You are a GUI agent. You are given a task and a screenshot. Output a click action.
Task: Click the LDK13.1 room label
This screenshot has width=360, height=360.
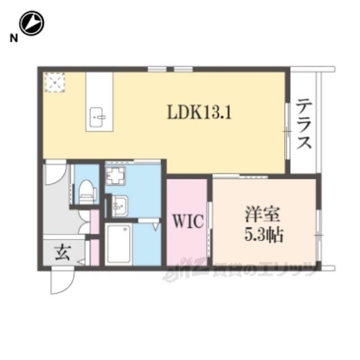point(199,112)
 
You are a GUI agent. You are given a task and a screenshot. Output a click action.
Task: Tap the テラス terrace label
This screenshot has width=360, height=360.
point(304,124)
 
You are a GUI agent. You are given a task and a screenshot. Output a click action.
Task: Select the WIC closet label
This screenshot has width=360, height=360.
point(188,221)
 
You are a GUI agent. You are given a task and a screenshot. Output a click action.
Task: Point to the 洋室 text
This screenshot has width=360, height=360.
point(262,214)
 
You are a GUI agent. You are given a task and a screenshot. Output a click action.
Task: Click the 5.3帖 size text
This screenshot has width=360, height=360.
point(263,235)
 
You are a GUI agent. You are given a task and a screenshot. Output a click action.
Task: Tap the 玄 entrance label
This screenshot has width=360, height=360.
point(62,253)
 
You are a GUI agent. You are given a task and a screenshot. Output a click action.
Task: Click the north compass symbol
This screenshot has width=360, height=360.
point(31,23)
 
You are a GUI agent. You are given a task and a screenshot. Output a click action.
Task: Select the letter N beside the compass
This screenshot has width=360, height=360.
point(13,38)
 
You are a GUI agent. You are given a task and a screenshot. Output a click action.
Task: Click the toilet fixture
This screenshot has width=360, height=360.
point(87,192)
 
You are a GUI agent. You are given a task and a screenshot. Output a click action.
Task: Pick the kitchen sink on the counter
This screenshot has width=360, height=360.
point(98,117)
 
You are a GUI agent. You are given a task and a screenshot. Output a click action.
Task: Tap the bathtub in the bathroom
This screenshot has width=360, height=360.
point(119,245)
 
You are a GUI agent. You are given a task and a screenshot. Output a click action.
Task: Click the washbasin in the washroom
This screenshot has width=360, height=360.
point(120,205)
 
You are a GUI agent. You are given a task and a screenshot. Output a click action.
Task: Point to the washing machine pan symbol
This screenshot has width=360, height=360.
point(115,175)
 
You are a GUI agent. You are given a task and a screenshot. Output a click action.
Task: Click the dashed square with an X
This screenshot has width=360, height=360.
point(55,82)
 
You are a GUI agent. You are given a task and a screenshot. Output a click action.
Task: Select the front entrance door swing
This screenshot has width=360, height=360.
point(62,281)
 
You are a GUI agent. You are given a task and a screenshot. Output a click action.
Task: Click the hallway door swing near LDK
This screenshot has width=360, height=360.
point(56,173)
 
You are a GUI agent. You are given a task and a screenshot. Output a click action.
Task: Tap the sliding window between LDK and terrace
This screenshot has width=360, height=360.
point(287,131)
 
